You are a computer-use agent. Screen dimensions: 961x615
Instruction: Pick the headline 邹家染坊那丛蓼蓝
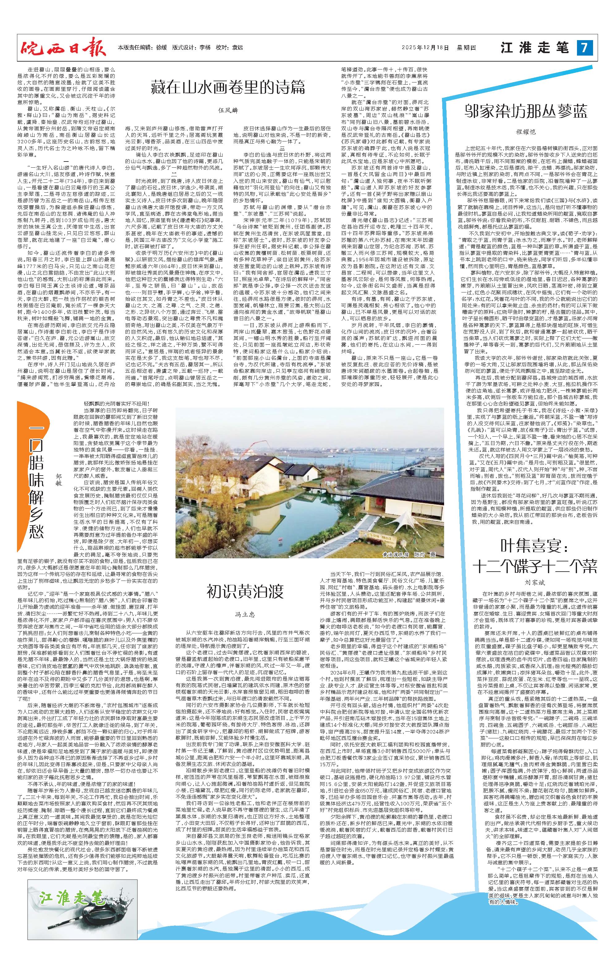tap(526, 112)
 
